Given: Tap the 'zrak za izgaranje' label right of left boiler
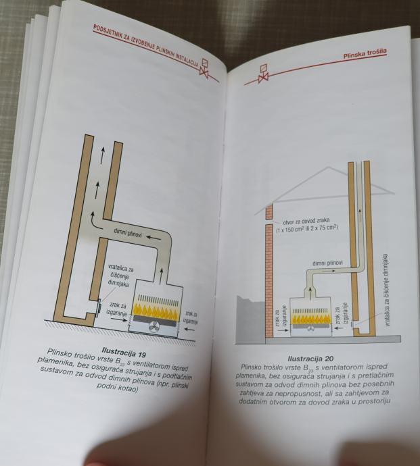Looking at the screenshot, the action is (191, 318).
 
